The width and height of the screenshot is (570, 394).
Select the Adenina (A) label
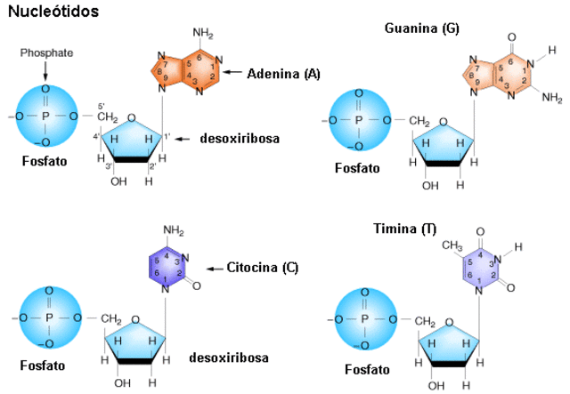click(283, 73)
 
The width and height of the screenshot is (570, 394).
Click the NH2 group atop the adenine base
click(203, 34)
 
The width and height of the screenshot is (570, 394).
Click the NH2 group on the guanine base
click(552, 96)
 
